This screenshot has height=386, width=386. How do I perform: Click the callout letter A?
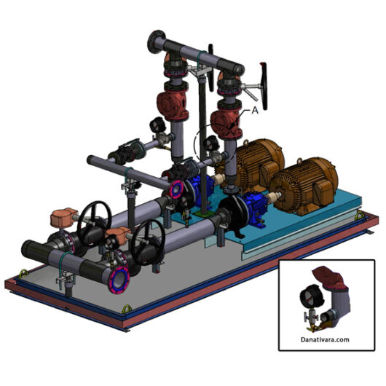pos(255,111)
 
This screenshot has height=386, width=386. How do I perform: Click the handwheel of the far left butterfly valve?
pos(95,218)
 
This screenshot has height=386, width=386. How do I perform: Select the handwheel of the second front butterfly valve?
pos(149,238)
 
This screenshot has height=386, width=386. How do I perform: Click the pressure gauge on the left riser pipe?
pos(156,125)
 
